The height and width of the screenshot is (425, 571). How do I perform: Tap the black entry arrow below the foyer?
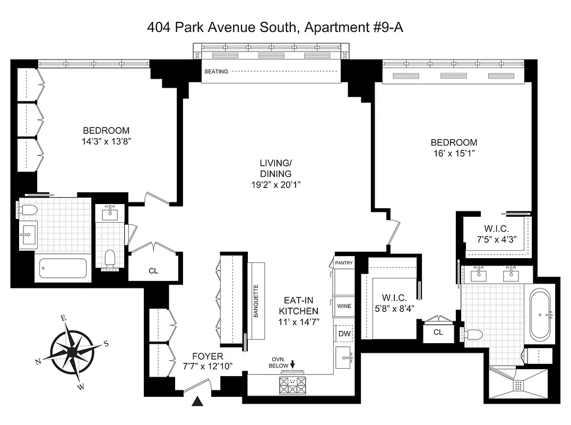pyautogui.click(x=198, y=402)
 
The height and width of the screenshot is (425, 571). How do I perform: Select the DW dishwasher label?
pyautogui.click(x=344, y=333)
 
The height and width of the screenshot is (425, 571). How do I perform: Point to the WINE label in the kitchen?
pyautogui.click(x=344, y=306)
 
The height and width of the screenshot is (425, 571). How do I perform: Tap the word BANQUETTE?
pyautogui.click(x=255, y=301)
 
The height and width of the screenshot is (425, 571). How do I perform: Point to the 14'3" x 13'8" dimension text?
pyautogui.click(x=106, y=142)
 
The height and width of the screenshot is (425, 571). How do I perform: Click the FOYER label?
pyautogui.click(x=208, y=356)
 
